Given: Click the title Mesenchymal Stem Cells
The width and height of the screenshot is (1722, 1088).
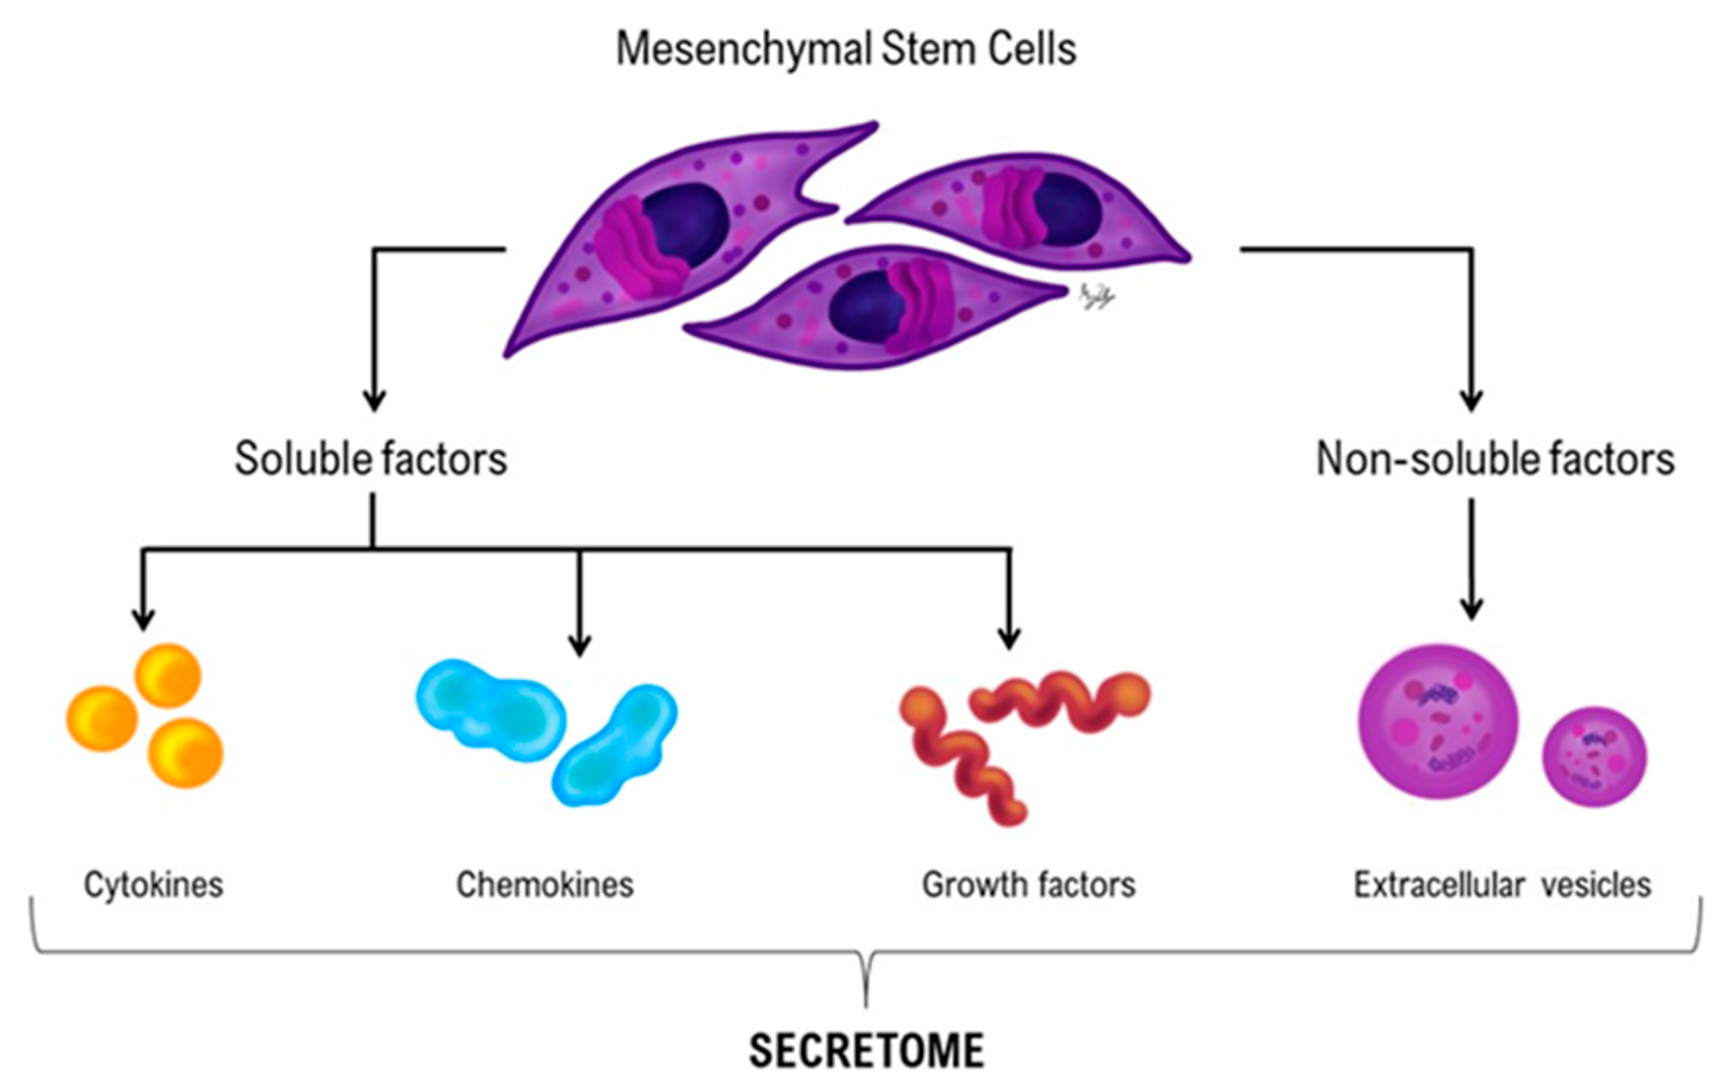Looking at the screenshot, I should [x=846, y=49].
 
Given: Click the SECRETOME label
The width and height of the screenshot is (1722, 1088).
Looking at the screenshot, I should [x=866, y=1050].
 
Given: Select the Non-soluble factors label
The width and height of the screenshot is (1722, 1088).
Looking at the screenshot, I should [x=1495, y=458].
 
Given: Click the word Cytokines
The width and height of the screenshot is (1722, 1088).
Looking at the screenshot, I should [x=154, y=884].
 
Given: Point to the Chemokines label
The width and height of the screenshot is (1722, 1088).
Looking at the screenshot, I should [x=545, y=884].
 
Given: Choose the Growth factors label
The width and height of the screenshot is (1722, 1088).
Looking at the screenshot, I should [x=1028, y=884].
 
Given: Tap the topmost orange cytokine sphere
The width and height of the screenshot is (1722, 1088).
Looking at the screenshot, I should [x=168, y=676].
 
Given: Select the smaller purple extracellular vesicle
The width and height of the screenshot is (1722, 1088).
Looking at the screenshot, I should [x=1593, y=757].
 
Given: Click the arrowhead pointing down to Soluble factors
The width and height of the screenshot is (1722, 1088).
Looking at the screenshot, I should [x=374, y=401].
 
